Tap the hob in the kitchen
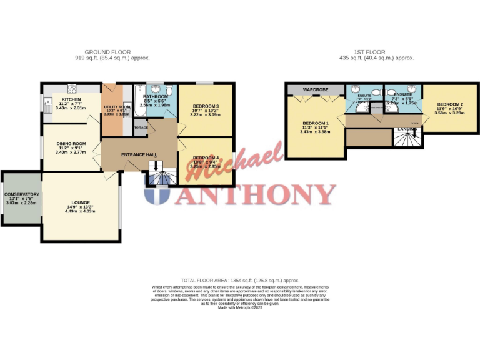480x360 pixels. coord(72,88)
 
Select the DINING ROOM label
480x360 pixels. coord(70,143)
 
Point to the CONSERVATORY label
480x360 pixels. coord(22,194)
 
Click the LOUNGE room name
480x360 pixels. coord(81,202)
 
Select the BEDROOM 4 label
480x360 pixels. coord(206,157)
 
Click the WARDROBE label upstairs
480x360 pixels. coord(316,90)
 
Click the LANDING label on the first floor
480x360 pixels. coord(407,129)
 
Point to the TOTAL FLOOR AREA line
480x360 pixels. coord(240,281)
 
